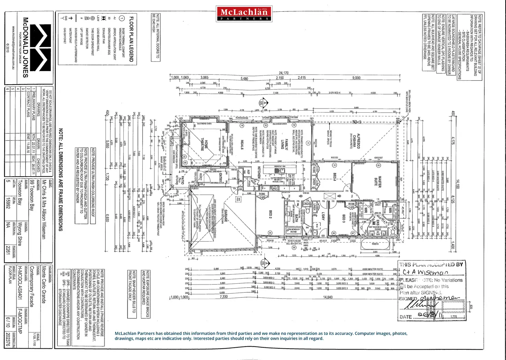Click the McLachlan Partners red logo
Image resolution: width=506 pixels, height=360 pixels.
244,14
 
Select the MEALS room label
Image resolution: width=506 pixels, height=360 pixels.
242,144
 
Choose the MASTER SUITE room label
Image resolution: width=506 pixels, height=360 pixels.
378,181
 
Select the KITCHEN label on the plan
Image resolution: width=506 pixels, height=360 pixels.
259,172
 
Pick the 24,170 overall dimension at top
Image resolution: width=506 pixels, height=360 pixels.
284,73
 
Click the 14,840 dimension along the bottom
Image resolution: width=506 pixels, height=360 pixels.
328,297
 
